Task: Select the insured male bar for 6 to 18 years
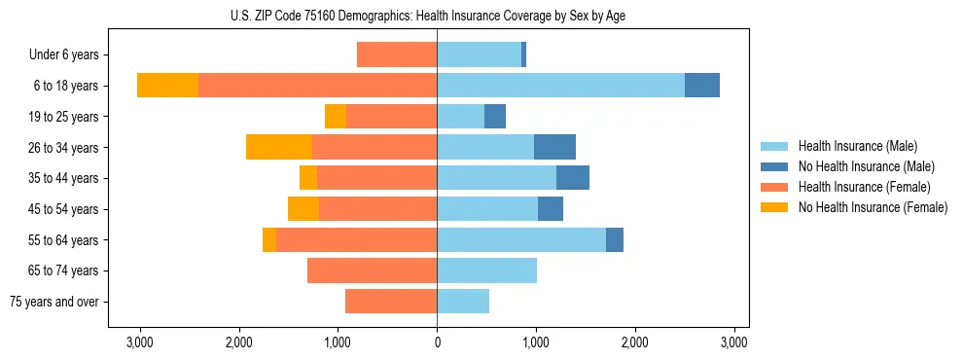[x=560, y=85]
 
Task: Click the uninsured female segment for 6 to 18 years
[x=167, y=85]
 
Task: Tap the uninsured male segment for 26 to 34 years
[x=554, y=147]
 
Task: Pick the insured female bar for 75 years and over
[x=391, y=302]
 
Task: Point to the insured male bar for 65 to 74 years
[x=486, y=270]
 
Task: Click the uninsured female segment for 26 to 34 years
[x=279, y=147]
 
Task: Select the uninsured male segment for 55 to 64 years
[x=615, y=239]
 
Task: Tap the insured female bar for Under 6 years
[x=397, y=54]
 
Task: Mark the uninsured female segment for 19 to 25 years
[x=336, y=116]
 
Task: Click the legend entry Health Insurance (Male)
[x=857, y=146]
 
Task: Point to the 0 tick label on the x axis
[x=437, y=342]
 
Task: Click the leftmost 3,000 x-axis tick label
[x=140, y=342]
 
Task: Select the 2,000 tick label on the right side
[x=635, y=342]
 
